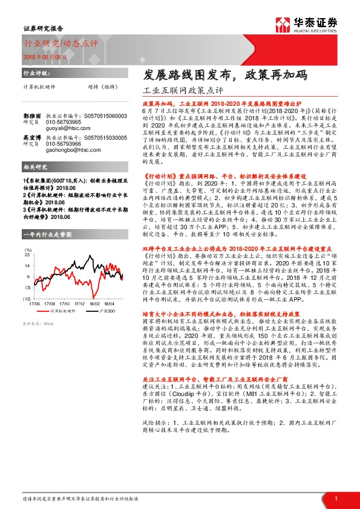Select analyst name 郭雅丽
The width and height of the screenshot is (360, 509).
point(32,115)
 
